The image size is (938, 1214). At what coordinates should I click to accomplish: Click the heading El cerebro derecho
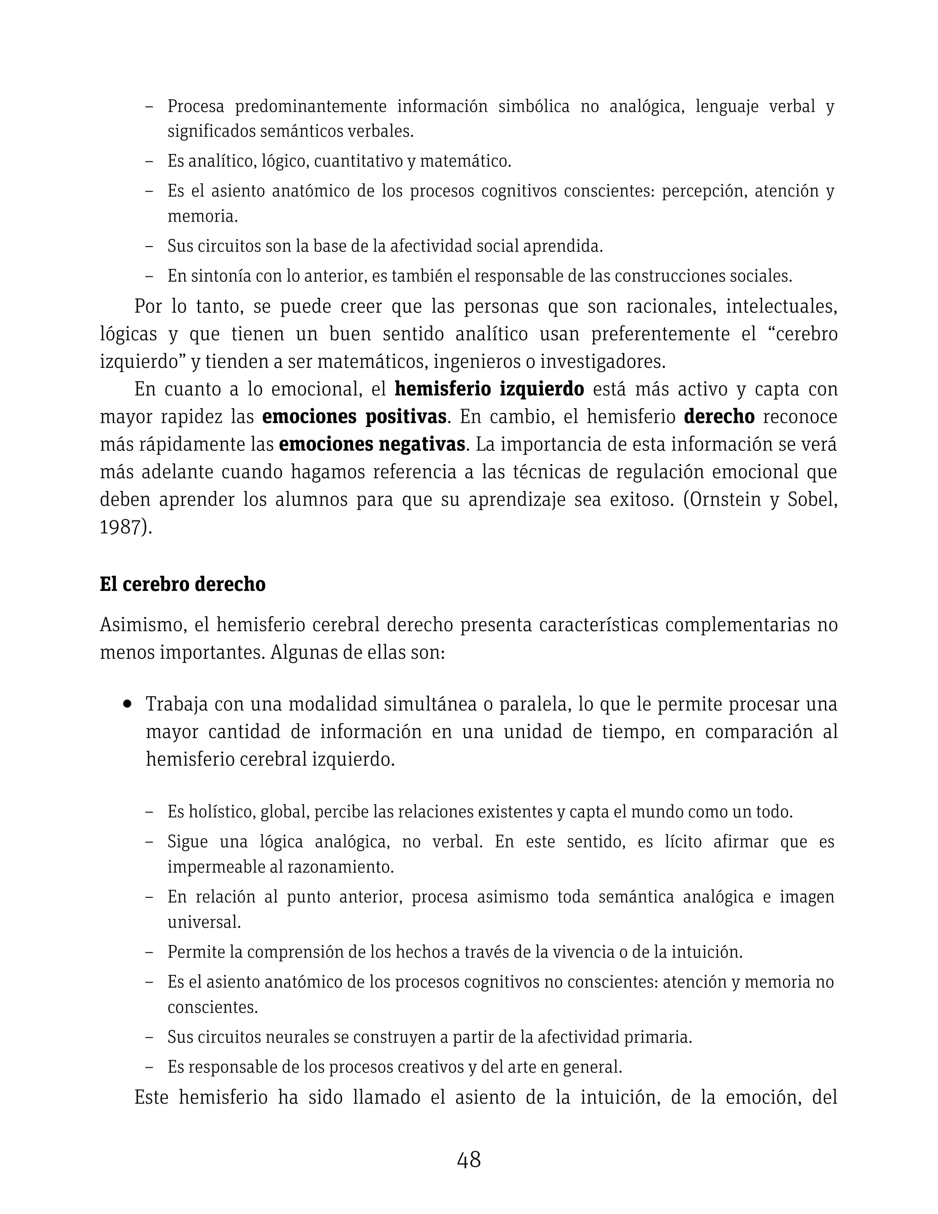182,584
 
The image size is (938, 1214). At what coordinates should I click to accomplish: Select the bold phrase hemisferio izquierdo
489,389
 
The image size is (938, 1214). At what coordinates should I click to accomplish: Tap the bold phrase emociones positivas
354,417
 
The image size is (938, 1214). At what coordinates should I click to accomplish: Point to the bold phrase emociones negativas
372,445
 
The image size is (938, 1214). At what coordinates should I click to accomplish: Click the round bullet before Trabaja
128,704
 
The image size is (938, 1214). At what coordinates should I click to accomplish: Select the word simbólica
534,106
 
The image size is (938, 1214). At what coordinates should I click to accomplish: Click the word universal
204,922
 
